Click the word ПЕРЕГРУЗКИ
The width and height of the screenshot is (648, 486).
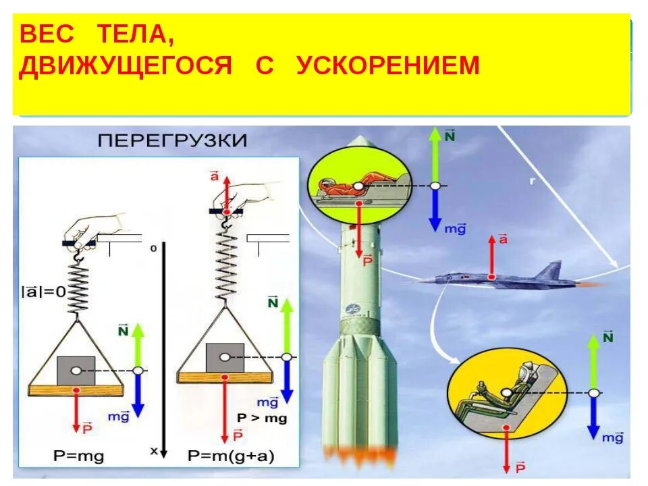click(173, 141)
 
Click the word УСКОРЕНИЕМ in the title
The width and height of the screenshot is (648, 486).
click(387, 65)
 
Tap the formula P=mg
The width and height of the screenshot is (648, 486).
click(79, 456)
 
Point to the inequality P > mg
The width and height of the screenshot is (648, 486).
click(262, 418)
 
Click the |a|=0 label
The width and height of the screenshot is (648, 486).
click(44, 292)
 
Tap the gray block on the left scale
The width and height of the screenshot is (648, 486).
click(76, 371)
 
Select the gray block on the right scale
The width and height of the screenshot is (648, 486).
click(225, 356)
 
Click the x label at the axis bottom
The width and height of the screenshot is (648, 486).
click(154, 451)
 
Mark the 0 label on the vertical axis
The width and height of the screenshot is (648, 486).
click(153, 248)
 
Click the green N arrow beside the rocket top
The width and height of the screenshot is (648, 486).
click(435, 155)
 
